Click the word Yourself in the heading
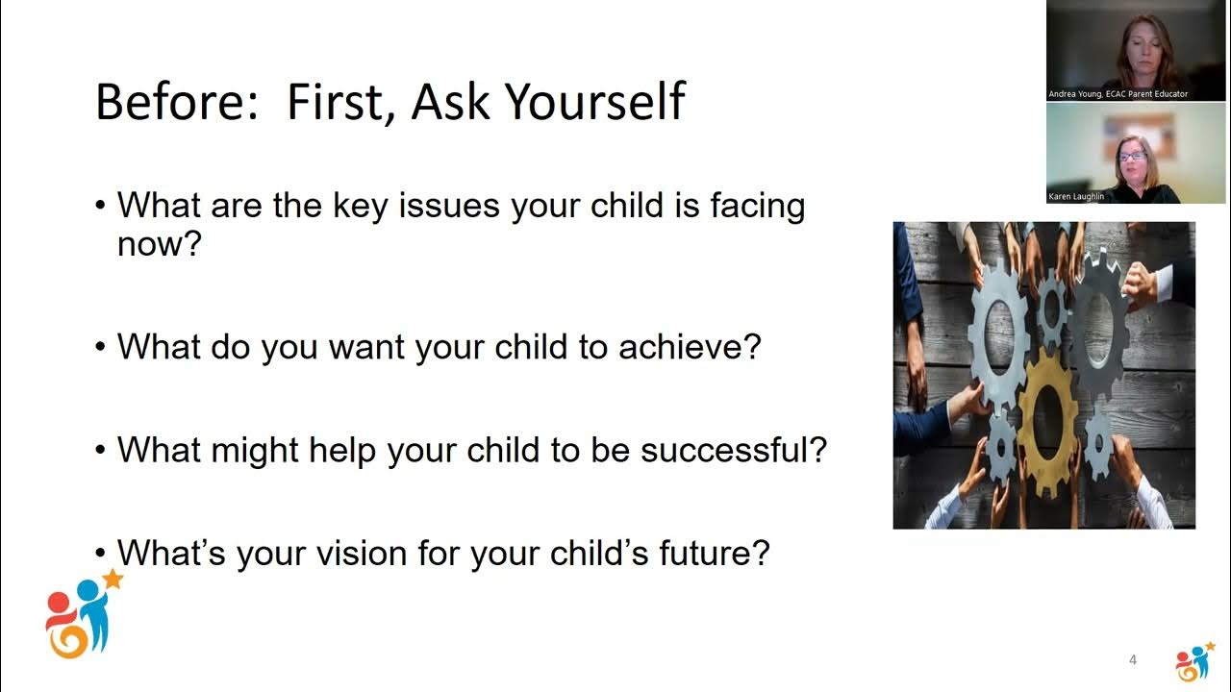595,102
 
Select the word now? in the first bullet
159,244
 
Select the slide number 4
1133,660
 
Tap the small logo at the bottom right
1194,662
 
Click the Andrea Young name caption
1118,94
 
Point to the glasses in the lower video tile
1130,156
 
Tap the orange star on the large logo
113,579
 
